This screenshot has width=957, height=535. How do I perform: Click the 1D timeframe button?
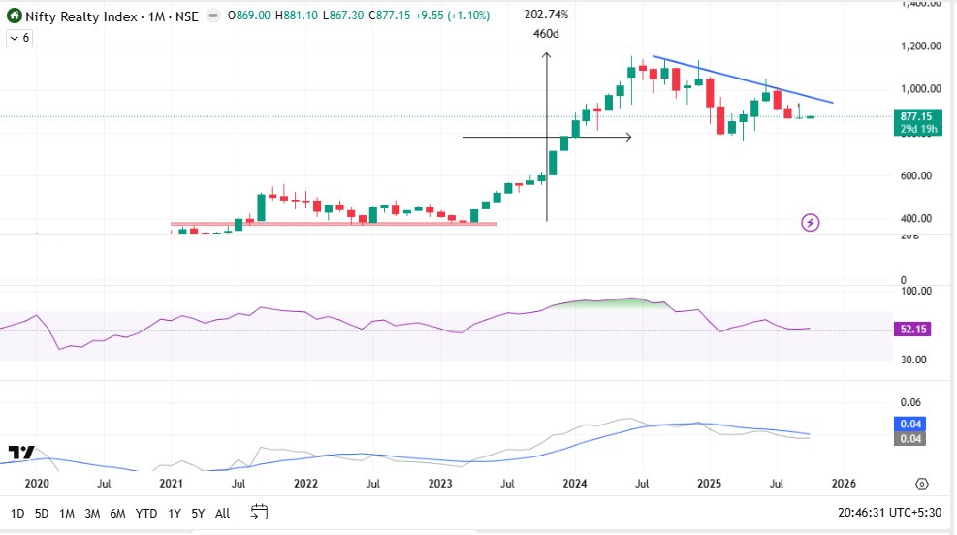tap(17, 513)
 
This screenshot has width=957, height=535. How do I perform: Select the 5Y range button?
tap(198, 513)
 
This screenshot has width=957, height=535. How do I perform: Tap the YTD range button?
tap(146, 513)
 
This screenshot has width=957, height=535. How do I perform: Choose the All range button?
tap(222, 513)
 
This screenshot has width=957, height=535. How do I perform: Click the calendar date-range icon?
tap(259, 512)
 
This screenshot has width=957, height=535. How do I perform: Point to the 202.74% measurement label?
tap(546, 15)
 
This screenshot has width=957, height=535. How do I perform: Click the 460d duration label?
tap(546, 34)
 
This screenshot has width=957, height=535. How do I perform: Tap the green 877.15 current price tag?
tap(915, 116)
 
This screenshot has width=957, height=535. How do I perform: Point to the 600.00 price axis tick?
tap(915, 175)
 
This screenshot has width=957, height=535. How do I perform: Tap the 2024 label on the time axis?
tap(574, 483)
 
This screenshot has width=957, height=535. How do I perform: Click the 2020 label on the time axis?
tap(36, 483)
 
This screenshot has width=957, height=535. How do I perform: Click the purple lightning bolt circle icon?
tap(811, 223)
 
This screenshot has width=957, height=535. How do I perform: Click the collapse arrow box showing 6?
tap(19, 38)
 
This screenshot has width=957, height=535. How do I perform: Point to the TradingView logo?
tap(20, 453)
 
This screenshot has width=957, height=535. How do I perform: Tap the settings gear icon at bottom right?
tap(921, 483)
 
